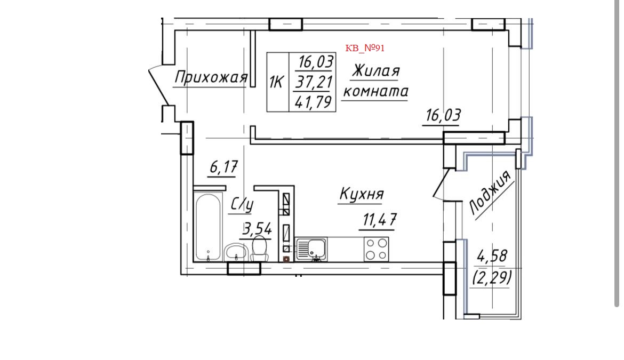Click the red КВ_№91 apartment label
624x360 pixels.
(x=365, y=48)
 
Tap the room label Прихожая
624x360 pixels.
(x=211, y=78)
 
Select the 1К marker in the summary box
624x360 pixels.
(x=277, y=83)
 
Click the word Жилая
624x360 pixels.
(x=376, y=71)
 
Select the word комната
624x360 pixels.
(x=375, y=92)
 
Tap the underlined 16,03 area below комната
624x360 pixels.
(x=442, y=116)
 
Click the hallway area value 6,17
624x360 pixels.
(x=223, y=167)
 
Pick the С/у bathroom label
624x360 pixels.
(x=242, y=204)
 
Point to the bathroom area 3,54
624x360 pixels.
(x=257, y=230)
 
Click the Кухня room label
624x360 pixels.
(x=361, y=195)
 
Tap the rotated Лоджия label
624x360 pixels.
(x=490, y=193)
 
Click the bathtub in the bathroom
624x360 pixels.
(x=207, y=227)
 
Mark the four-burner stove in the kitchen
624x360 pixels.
(x=376, y=249)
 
